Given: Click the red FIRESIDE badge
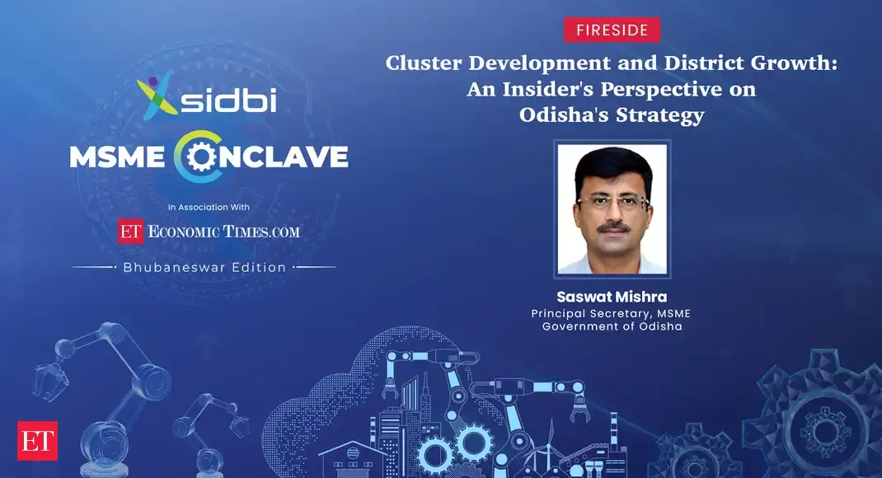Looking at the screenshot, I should [612, 30].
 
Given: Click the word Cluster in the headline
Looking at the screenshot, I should [425, 63].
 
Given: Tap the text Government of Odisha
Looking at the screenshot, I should [612, 326].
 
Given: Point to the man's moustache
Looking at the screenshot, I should [612, 226].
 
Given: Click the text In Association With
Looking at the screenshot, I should [209, 207].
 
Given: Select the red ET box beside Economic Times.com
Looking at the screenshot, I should [131, 232].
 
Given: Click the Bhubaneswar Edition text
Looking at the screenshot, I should [204, 267].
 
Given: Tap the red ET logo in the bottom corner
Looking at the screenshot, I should [37, 441].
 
